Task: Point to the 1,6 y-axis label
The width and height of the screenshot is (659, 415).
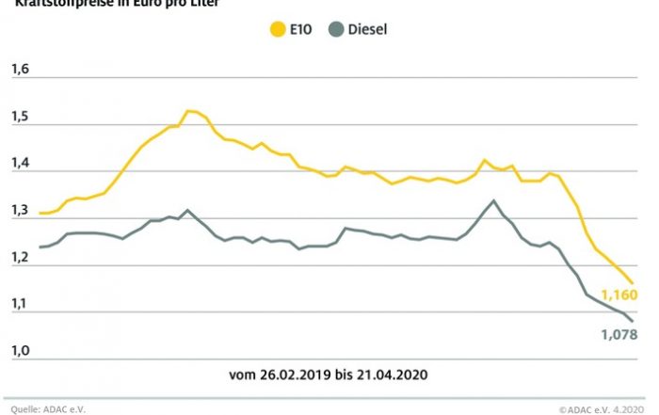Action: tap(21, 70)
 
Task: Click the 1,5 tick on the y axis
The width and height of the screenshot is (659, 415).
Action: tap(21, 117)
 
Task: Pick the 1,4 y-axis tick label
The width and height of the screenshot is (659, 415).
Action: tap(21, 164)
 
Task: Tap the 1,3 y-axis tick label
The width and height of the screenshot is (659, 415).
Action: tap(21, 211)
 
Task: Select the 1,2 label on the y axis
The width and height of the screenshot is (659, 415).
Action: tap(21, 258)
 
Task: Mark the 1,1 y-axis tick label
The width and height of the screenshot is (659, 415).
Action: tap(21, 305)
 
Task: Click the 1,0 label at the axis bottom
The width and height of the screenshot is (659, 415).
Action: tap(21, 351)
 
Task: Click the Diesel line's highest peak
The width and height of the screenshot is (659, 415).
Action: tap(492, 200)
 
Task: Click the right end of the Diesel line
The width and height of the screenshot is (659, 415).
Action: tap(633, 322)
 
